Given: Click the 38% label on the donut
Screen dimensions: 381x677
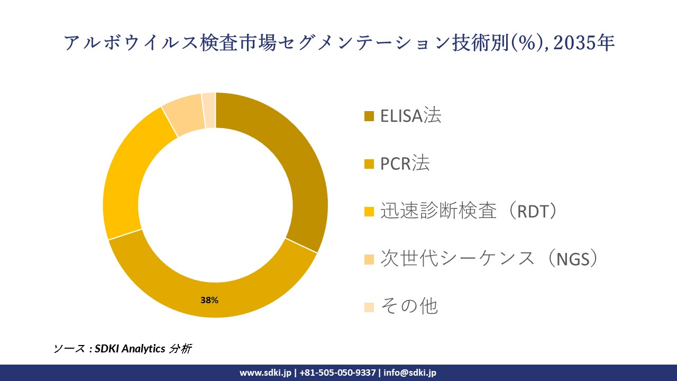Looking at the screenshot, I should [209, 300].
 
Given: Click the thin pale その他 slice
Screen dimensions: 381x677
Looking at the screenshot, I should [209, 110].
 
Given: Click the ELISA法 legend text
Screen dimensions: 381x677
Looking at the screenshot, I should [410, 115].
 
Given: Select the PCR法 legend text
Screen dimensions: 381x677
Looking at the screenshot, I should [405, 164].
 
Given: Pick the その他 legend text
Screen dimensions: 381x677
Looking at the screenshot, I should [409, 306].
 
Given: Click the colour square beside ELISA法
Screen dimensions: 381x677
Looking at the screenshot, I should [369, 116].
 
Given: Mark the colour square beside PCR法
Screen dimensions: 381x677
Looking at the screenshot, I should [369, 164].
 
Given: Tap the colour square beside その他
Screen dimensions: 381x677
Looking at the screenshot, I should [369, 307].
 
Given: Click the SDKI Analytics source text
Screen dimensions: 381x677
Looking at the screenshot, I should [130, 349].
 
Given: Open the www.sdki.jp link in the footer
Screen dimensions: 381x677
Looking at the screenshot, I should [265, 373].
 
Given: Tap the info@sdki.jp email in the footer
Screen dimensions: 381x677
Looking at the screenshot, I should [410, 373].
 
